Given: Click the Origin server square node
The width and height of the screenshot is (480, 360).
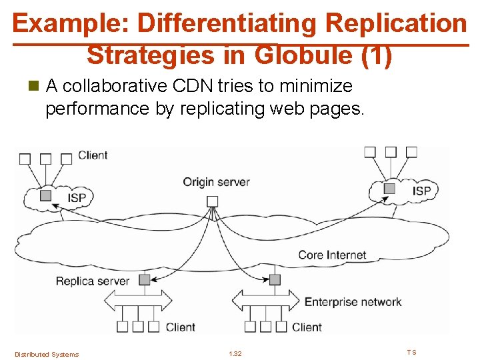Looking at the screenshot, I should (212, 201).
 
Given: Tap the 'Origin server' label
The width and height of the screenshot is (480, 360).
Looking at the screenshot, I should (216, 181).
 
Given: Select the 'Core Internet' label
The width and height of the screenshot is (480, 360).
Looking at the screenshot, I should (332, 255).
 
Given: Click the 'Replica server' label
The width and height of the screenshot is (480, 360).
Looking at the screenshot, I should (93, 281).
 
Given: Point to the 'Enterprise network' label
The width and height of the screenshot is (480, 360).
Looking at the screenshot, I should (353, 302).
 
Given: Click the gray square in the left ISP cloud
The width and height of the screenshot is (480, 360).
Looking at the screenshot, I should (45, 195).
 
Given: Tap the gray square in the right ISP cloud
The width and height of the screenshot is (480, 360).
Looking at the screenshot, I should (390, 189).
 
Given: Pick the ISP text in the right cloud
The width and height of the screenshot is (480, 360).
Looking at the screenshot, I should (421, 191).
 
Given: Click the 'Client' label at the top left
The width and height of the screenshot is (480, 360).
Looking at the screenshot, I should (93, 155).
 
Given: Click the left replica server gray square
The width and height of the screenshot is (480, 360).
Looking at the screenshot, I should (145, 280).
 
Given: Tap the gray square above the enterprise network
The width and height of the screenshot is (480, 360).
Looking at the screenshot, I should (275, 279).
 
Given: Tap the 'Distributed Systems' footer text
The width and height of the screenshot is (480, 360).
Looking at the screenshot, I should (47, 354).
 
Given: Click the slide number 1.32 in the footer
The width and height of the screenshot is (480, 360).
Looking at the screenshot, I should (235, 354).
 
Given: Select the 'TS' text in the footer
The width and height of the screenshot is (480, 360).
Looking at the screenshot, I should (411, 352).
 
